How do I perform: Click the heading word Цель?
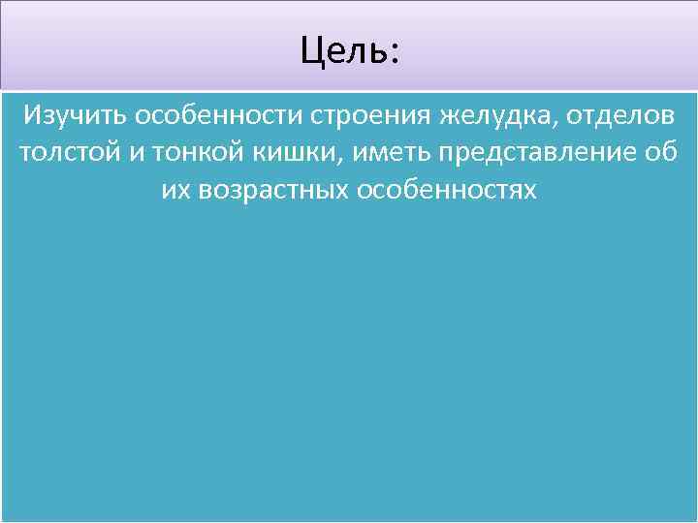click(344, 50)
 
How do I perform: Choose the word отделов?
click(621, 117)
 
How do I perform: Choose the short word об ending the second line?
click(657, 153)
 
